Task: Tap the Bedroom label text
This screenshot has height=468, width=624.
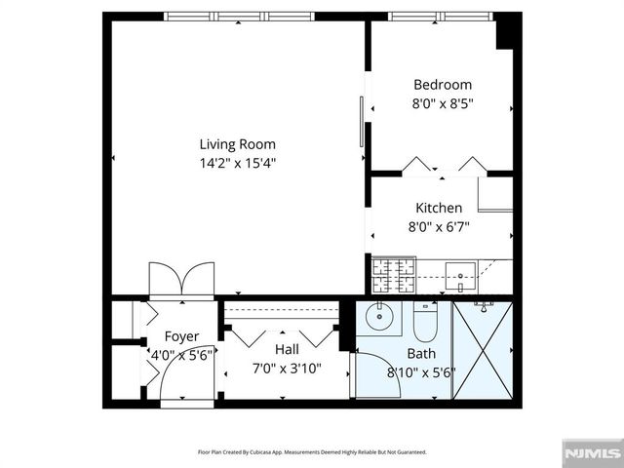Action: [x=442, y=85]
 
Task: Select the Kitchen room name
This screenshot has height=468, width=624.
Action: [x=439, y=208]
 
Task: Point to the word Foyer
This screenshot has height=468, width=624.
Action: [x=181, y=337]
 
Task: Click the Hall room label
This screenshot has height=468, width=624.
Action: [x=287, y=349]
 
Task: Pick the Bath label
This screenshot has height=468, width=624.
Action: [x=421, y=354]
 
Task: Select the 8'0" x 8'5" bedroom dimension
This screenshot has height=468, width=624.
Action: [x=442, y=102]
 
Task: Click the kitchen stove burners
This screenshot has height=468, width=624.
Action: [x=392, y=274]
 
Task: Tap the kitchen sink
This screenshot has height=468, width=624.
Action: [x=459, y=272]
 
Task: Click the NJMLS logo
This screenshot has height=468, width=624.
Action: [x=592, y=453]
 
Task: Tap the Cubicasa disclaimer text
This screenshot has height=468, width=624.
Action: [x=311, y=452]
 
